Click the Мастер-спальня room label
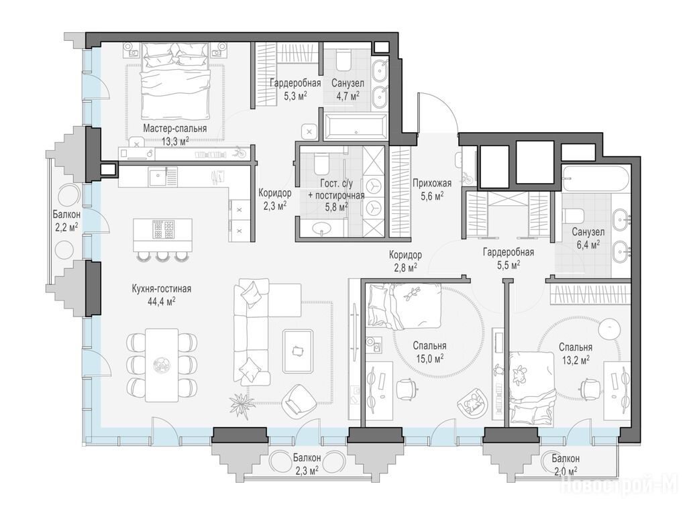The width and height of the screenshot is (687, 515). click(x=175, y=129)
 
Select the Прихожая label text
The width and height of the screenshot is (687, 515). click(x=431, y=184)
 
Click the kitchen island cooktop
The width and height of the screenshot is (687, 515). click(x=162, y=229)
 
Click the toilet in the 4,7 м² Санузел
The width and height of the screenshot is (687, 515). click(x=343, y=60)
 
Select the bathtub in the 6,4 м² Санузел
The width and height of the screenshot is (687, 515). click(x=596, y=178)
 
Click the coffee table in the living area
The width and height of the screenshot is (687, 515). click(x=298, y=351)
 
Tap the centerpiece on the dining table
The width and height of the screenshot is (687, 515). click(x=162, y=364)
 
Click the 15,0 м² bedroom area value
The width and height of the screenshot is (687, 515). click(x=429, y=359)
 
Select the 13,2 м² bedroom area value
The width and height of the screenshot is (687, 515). click(x=575, y=359)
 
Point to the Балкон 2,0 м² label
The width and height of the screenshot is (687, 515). click(x=565, y=464)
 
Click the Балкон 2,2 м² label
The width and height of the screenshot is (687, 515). click(x=66, y=220)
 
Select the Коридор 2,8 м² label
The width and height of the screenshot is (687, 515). click(x=405, y=261)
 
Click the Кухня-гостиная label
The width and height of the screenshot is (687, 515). click(x=162, y=289)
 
